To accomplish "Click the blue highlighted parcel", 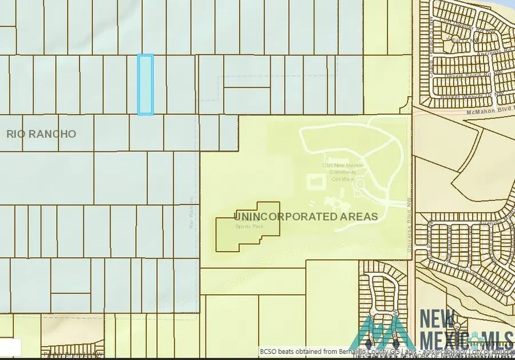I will click(x=145, y=85).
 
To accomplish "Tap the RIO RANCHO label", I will click(x=41, y=134).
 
